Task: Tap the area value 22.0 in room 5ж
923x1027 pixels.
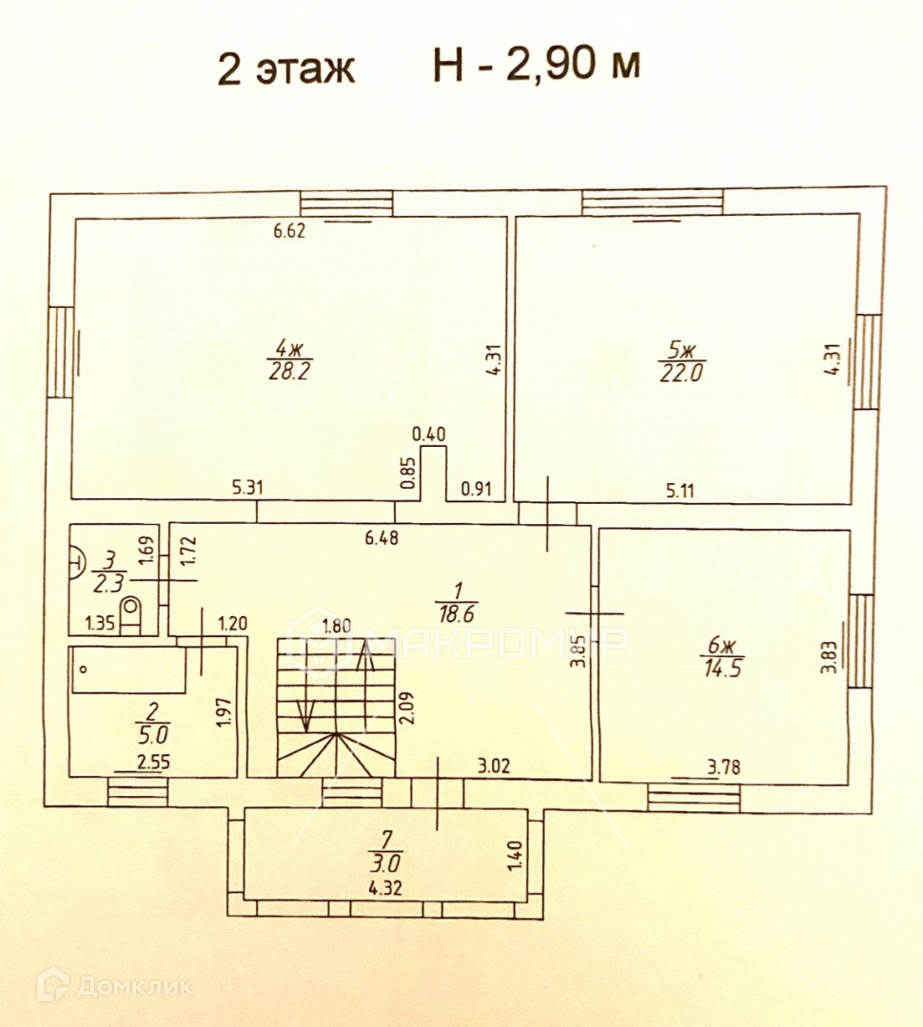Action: tap(680, 372)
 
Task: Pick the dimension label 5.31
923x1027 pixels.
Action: tap(247, 489)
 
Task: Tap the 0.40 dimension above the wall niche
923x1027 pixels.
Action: tap(429, 434)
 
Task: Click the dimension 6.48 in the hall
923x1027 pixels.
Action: tap(382, 537)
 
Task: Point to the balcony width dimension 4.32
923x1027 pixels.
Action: tap(385, 890)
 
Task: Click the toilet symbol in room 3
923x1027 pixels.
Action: tap(131, 612)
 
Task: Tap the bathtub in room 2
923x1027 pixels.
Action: tap(128, 669)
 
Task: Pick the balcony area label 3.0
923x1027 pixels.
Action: tap(385, 863)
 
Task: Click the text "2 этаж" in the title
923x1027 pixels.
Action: tap(286, 68)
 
